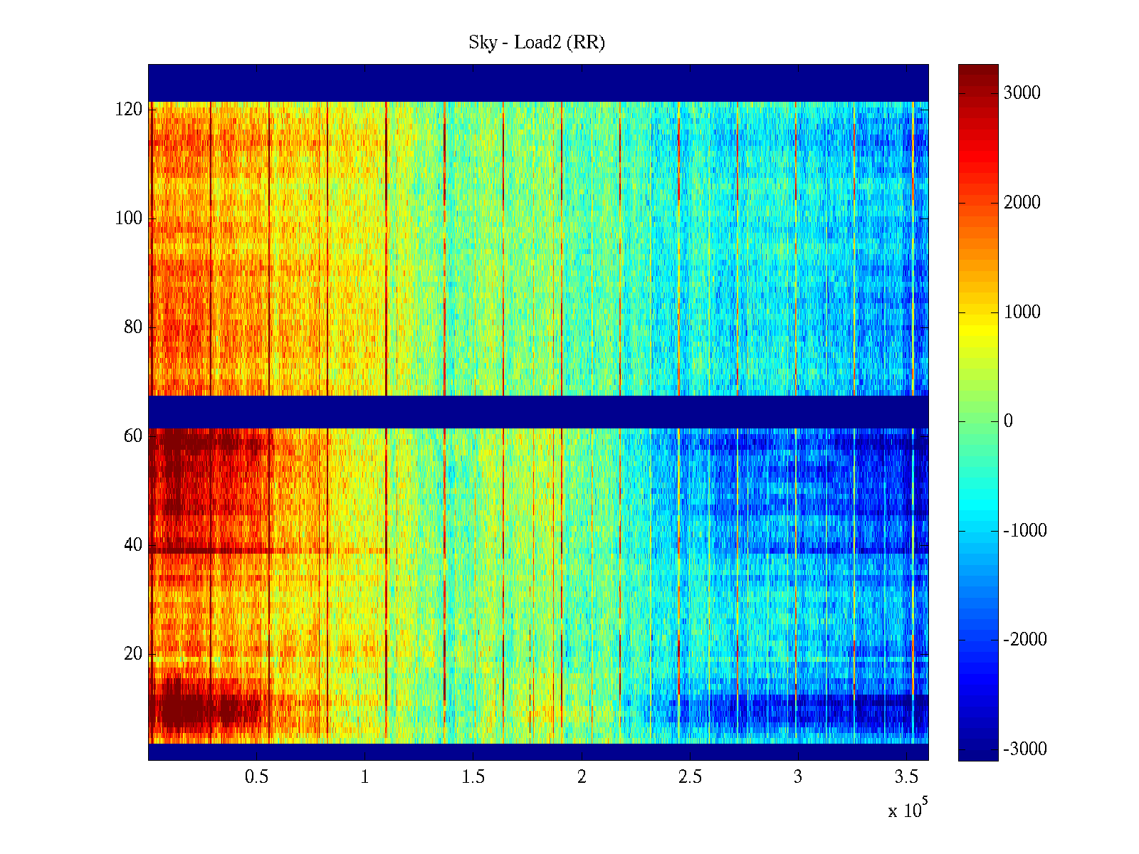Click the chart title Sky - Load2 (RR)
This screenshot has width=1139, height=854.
(x=537, y=43)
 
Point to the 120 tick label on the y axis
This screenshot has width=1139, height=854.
(x=129, y=110)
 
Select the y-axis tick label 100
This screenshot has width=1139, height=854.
(x=129, y=218)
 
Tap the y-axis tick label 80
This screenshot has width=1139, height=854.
(x=133, y=327)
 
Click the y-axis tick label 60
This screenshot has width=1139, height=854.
(x=133, y=436)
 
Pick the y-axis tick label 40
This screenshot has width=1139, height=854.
(x=133, y=545)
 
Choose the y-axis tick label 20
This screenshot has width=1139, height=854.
(x=133, y=654)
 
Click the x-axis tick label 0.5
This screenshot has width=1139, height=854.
(x=256, y=777)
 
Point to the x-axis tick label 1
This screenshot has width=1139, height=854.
(x=365, y=777)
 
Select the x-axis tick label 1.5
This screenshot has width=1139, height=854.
(x=473, y=777)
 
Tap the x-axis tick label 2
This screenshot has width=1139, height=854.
(x=582, y=777)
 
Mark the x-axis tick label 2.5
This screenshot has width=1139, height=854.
(x=690, y=777)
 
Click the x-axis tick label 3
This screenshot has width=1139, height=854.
(x=798, y=777)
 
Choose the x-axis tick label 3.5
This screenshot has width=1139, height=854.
(x=906, y=777)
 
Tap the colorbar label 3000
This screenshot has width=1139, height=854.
(x=1022, y=93)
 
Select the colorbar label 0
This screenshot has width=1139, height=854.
(x=1008, y=421)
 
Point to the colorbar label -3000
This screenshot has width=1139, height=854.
(x=1025, y=749)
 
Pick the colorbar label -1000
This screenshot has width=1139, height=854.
(x=1025, y=531)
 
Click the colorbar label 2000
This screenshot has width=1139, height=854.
(x=1022, y=203)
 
